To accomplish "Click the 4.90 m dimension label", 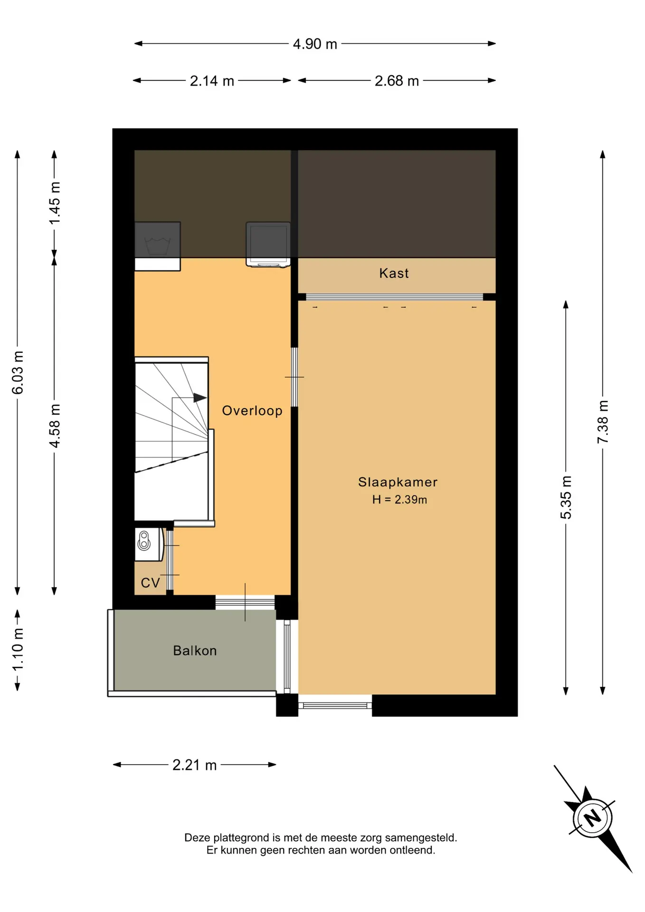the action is tap(315, 44).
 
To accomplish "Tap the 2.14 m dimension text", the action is tap(212, 81).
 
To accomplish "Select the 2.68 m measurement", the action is tap(397, 81).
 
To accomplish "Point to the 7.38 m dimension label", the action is tap(603, 422).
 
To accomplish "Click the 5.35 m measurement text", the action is tap(566, 497).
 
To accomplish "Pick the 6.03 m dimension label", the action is tap(18, 373).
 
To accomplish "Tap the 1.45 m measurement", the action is tap(54, 203).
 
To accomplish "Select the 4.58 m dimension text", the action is tap(54, 426).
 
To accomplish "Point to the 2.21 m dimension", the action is tap(194, 765).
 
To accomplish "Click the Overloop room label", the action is tap(252, 411).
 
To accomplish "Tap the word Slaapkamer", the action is tap(398, 482).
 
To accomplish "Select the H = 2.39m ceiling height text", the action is tap(399, 500).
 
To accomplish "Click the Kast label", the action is tap(394, 273).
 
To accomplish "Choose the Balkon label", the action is tap(195, 651).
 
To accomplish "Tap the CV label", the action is tap(151, 583).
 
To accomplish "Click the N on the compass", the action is tap(592, 818).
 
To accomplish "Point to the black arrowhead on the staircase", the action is tap(200, 398).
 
